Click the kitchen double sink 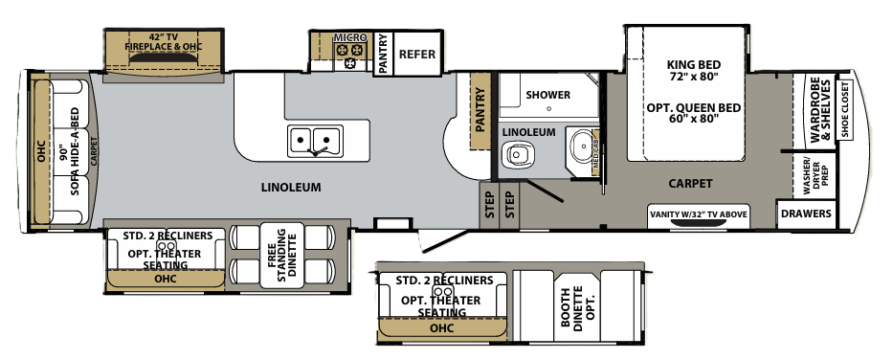315,140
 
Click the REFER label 417,55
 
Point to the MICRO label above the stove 349,37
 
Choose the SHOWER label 547,95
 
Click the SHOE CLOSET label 844,110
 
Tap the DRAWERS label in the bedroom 806,214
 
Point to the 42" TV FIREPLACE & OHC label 164,41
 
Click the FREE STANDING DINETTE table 282,255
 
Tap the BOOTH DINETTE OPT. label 578,305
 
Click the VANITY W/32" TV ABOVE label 698,214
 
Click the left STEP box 489,205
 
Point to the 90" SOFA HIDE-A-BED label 69,151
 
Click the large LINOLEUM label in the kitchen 291,187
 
